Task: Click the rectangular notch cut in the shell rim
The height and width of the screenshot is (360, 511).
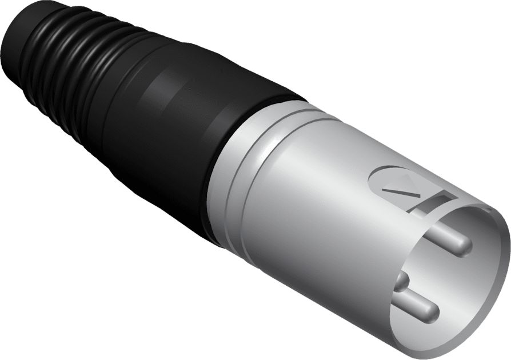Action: click(x=437, y=199)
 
